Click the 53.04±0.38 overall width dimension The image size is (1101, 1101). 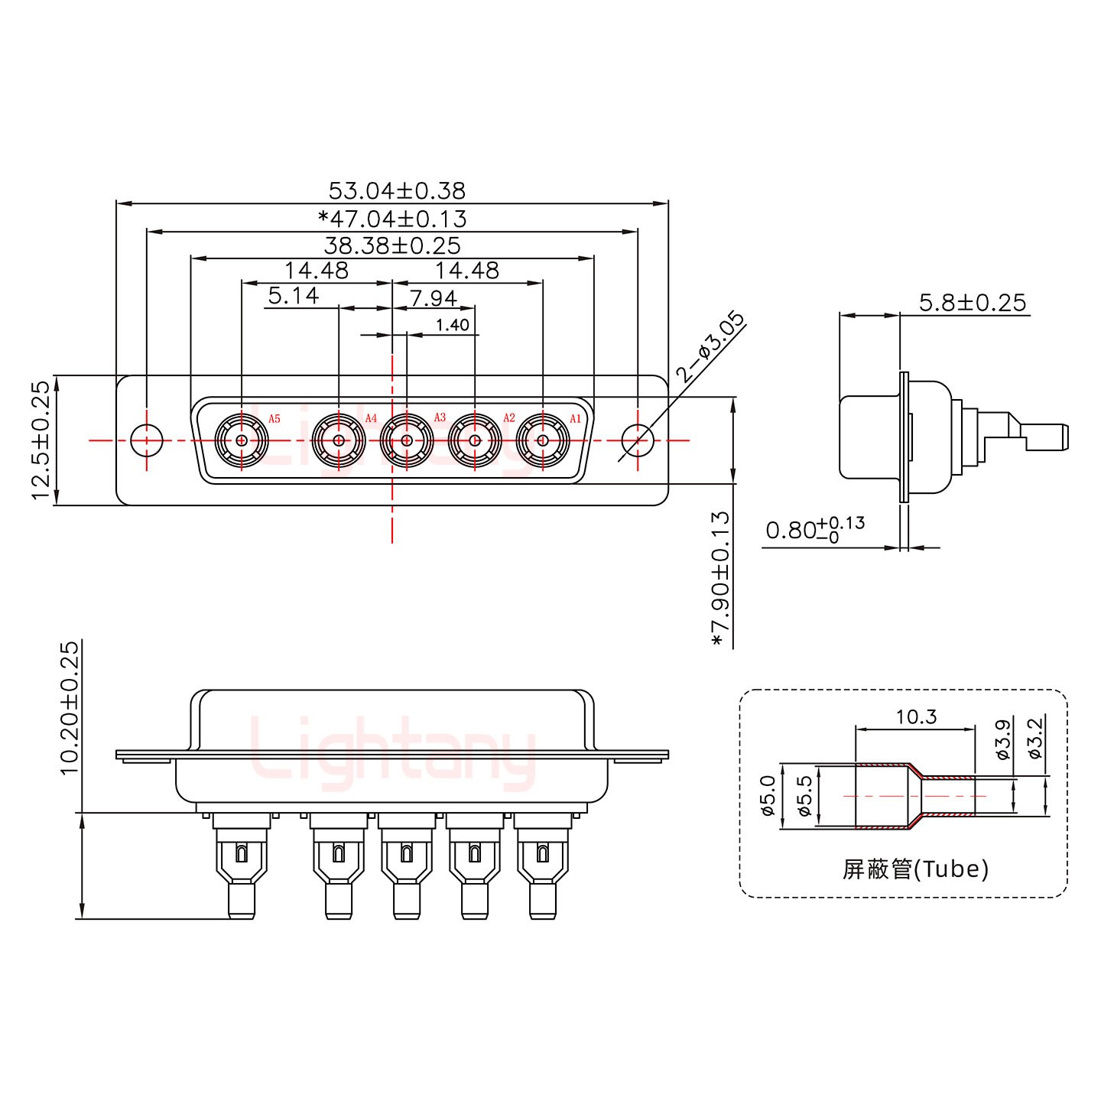tap(396, 190)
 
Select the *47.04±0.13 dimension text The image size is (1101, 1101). tap(392, 219)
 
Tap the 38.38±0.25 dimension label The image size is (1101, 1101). tap(392, 245)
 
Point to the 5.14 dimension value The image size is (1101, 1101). tap(293, 295)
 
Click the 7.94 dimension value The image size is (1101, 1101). tap(433, 297)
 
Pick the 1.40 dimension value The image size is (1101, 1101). tap(453, 325)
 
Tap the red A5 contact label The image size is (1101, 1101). tap(274, 419)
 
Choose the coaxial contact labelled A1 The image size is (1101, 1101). tap(543, 440)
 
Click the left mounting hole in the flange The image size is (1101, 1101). tap(146, 440)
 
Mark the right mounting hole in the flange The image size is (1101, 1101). tap(637, 440)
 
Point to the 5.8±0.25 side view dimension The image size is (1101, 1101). tap(972, 303)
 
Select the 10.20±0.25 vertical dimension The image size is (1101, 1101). tap(70, 707)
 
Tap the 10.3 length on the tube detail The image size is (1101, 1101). tap(916, 716)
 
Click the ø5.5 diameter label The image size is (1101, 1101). tap(804, 796)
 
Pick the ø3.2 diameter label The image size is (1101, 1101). tap(1035, 738)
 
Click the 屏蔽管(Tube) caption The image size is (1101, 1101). tap(915, 869)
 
